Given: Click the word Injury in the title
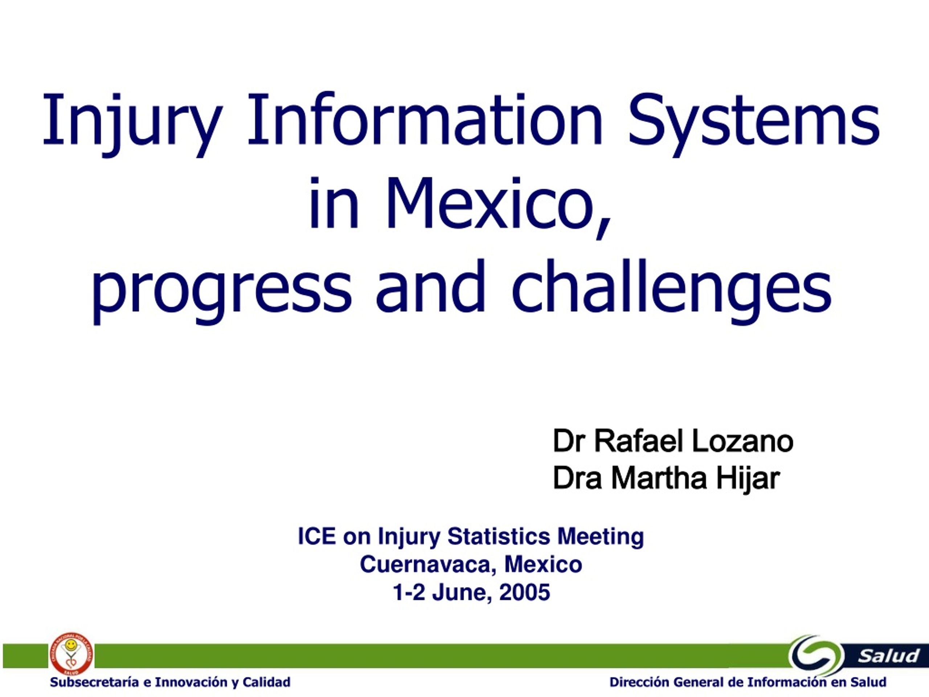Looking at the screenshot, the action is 132,123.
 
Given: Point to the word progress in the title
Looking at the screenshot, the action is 221,292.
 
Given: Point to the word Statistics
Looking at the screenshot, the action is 499,537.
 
